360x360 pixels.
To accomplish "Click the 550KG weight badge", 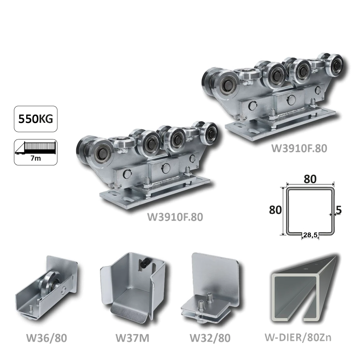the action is pos(35,119).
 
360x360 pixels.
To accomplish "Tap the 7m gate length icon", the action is pos(35,152).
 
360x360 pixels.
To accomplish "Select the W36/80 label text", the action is pos(47,338).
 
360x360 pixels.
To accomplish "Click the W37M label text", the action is pos(132,338).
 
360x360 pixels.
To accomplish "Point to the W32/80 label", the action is pos(210,338).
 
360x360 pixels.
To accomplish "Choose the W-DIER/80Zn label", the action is pos(298,338).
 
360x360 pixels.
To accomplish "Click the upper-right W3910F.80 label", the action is pos(299,148).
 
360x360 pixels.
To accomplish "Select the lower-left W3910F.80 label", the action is pos(175,217).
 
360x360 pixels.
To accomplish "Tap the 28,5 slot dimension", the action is pos(310,235).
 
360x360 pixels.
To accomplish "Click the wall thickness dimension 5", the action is pos(339,210).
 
